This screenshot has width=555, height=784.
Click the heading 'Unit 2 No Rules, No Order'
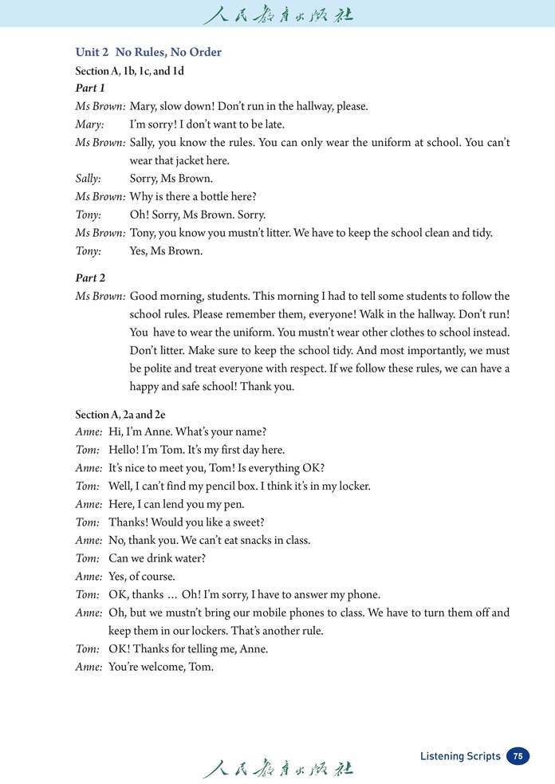[x=148, y=52]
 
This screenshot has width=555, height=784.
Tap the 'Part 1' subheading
[x=90, y=88]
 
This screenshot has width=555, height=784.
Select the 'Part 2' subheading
[x=90, y=278]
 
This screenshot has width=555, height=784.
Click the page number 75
[x=518, y=756]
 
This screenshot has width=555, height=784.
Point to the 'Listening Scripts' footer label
[x=460, y=756]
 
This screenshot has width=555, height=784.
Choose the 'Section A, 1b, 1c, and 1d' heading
[x=129, y=71]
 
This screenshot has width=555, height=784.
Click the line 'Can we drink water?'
[x=157, y=558]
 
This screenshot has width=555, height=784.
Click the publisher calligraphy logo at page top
[x=277, y=14]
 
